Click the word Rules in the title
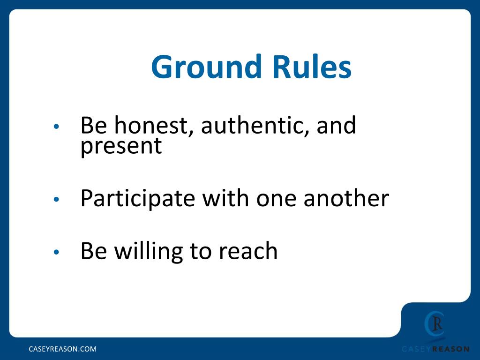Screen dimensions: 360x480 317,67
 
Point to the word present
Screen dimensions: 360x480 121,146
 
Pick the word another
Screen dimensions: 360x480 346,199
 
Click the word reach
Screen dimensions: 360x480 248,251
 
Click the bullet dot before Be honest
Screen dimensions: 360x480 56,127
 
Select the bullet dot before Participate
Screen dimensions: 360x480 56,200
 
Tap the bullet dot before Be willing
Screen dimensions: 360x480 56,252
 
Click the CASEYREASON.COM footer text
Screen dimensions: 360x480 63,349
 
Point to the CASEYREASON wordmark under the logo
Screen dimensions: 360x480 435,349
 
